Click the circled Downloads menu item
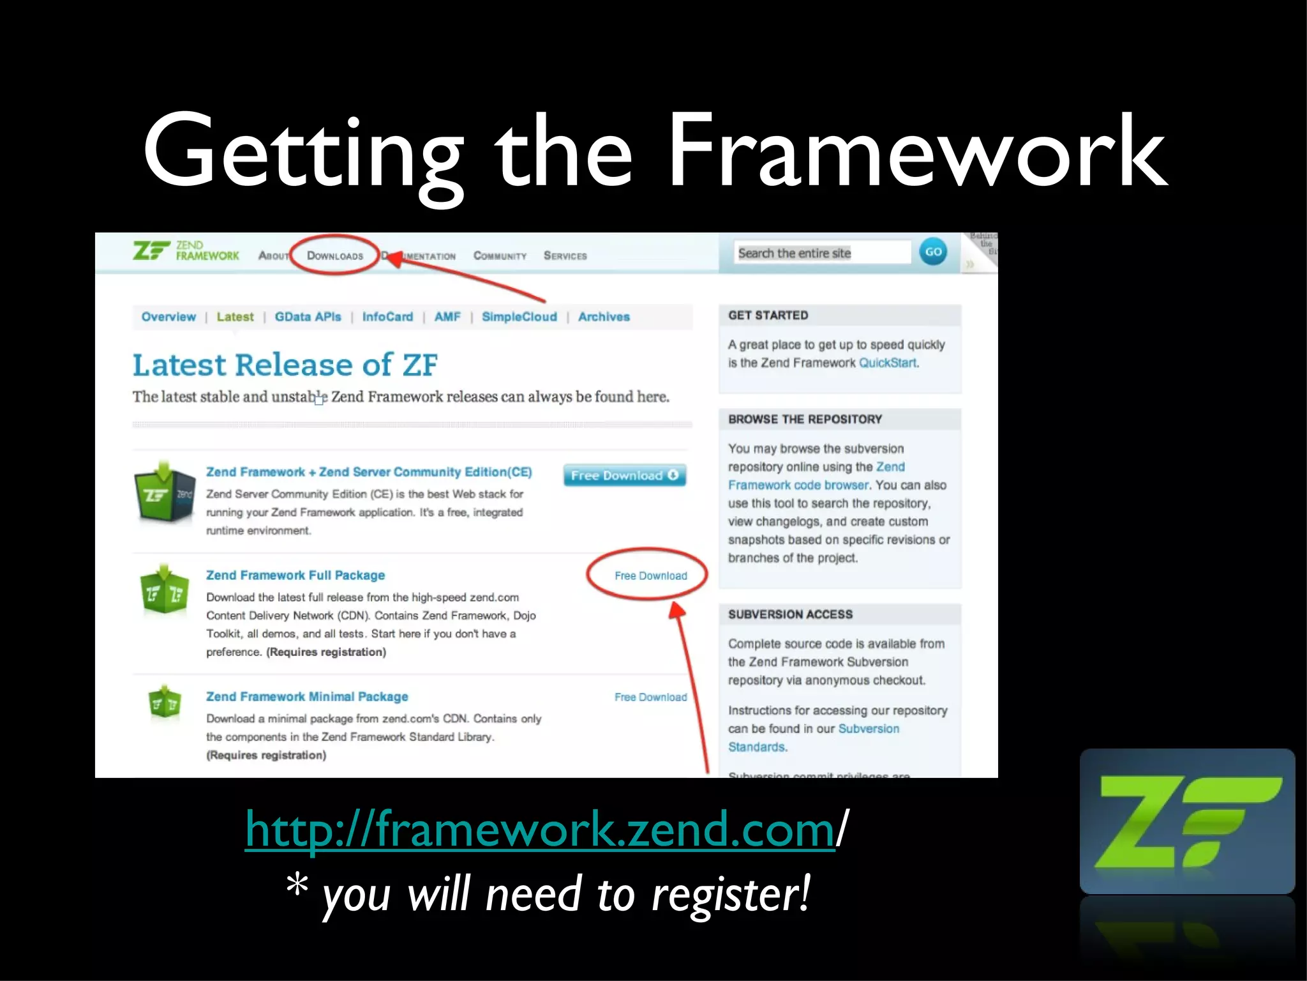[335, 255]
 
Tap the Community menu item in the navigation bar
[500, 255]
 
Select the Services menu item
[565, 255]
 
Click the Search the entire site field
[822, 253]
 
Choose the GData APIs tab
[308, 317]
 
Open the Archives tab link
[604, 317]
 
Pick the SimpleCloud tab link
[519, 317]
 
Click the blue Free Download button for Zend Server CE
[624, 475]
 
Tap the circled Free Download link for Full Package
[650, 575]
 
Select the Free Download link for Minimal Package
[650, 697]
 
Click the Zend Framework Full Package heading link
[295, 575]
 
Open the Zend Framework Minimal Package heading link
[307, 696]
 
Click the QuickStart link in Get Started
[887, 363]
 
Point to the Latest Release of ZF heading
[285, 365]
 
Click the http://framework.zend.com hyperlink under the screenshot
[540, 829]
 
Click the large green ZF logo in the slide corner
[1186, 821]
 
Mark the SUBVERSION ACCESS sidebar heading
[790, 614]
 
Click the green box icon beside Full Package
[165, 589]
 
